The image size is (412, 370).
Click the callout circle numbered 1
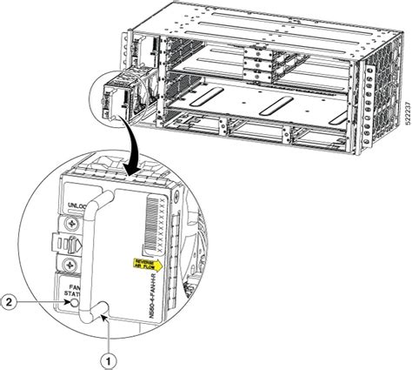coord(110,355)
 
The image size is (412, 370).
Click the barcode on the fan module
coord(156,217)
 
